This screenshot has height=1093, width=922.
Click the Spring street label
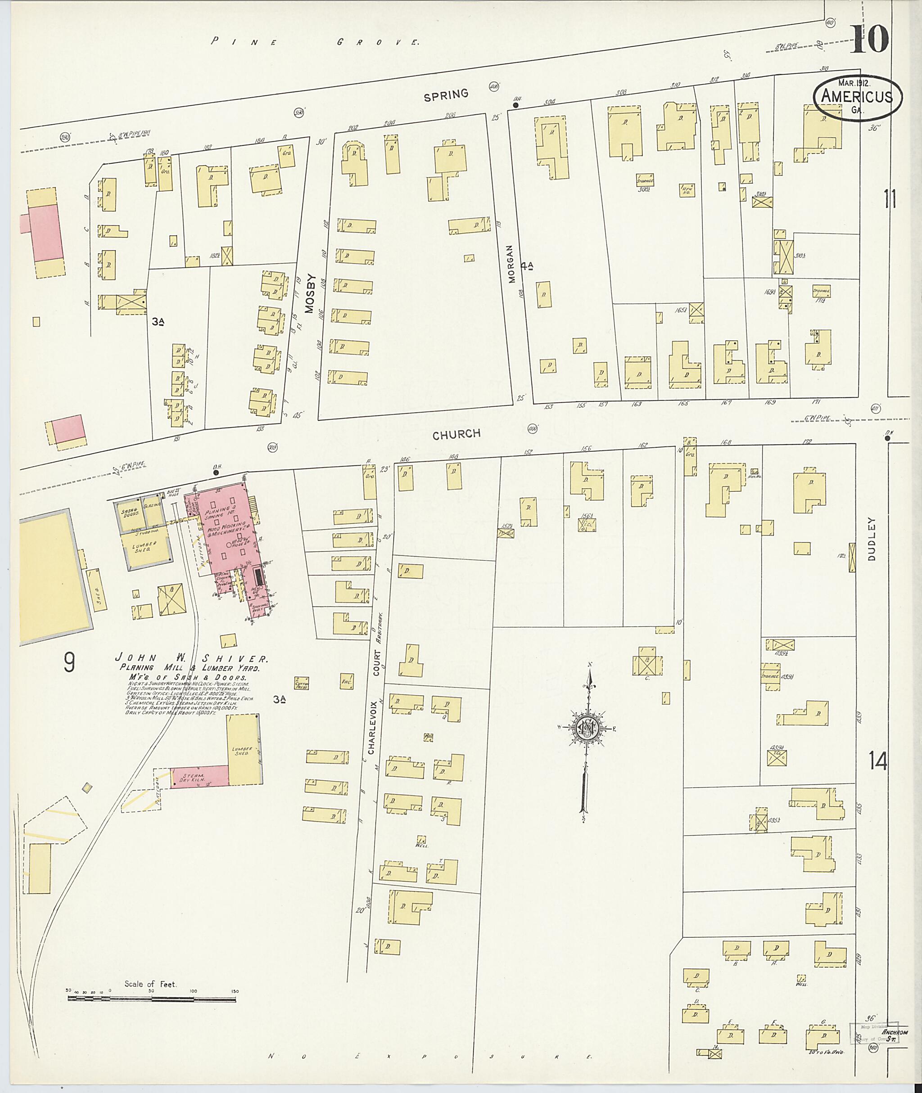pyautogui.click(x=446, y=94)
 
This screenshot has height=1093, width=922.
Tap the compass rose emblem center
pyautogui.click(x=587, y=727)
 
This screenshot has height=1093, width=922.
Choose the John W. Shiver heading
pyautogui.click(x=192, y=659)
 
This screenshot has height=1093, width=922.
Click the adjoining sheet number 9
pyautogui.click(x=69, y=662)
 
